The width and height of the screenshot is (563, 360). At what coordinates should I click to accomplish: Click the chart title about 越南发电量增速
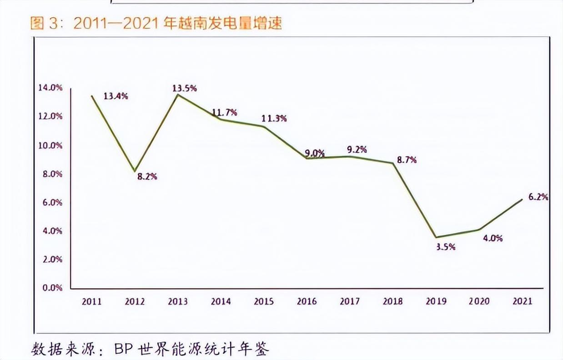pos(156,23)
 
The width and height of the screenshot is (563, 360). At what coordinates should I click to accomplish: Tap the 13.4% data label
pos(116,96)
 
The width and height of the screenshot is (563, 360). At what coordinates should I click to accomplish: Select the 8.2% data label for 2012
pos(147,176)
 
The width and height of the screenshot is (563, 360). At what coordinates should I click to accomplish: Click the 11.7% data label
pos(224,112)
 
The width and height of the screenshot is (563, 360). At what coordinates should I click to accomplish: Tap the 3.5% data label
pos(446,247)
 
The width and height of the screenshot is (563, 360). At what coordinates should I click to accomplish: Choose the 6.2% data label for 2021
pos(538,197)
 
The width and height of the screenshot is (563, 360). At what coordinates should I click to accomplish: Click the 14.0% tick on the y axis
pos(51,88)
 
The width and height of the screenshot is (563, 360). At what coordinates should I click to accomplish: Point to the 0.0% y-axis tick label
pos(52,287)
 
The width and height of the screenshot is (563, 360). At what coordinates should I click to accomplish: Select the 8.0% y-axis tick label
pos(52,174)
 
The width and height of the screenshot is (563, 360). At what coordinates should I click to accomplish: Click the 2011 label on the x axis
pos(92,301)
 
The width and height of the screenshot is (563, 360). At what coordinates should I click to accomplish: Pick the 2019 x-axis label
pos(436,301)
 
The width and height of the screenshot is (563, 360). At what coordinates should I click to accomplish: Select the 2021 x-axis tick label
pos(522,301)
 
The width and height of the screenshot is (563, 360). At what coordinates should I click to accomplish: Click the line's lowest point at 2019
pos(436,237)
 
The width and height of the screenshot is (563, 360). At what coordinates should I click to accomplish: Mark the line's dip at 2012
pos(135,171)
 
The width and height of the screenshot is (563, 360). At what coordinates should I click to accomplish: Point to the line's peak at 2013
pos(178,95)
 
